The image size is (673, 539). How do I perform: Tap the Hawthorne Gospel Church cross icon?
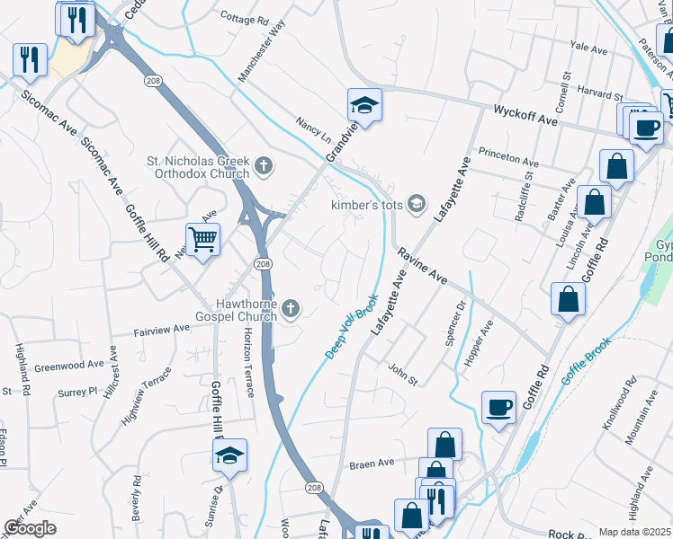click(290, 310)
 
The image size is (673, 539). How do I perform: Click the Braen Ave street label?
click(372, 464)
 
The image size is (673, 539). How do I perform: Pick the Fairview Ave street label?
click(162, 329)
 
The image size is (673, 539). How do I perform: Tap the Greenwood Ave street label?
click(70, 367)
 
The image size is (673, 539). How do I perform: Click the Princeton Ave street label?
click(508, 157)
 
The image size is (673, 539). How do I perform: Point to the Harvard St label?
click(599, 93)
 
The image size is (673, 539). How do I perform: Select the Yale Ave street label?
click(590, 46)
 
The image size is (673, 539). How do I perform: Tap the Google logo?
click(30, 527)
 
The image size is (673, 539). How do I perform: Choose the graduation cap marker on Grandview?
click(364, 106)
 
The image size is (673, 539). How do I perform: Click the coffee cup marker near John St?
click(498, 409)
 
